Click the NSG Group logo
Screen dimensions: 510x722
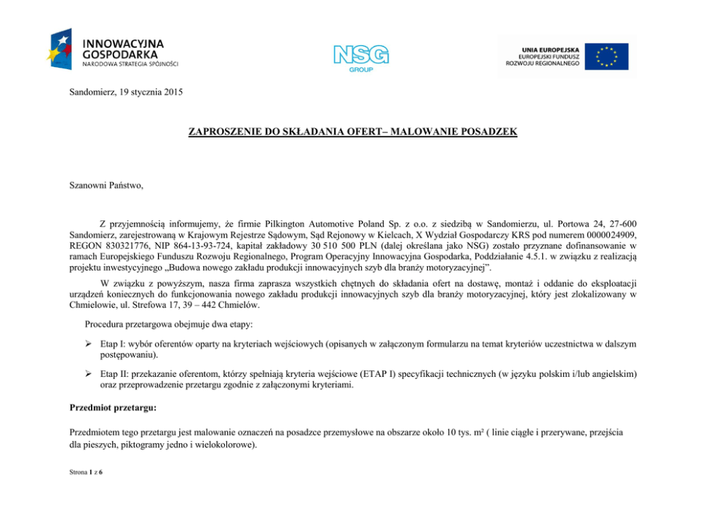[x=361, y=56]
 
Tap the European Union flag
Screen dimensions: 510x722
[x=610, y=57]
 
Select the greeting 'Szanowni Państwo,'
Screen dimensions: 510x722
[x=106, y=186]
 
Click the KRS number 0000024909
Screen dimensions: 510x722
[x=613, y=236]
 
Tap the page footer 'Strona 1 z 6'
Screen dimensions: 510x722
[x=86, y=473]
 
